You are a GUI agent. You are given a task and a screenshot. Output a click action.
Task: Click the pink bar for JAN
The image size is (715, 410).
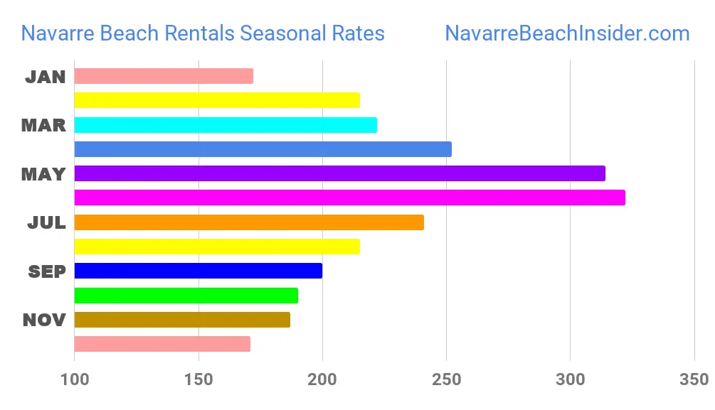click(163, 76)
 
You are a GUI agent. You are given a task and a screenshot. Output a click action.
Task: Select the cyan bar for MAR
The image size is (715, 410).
click(225, 125)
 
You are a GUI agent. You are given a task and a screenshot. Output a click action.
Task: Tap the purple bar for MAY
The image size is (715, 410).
click(339, 173)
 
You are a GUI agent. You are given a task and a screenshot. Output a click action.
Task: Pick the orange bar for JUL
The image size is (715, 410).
click(248, 222)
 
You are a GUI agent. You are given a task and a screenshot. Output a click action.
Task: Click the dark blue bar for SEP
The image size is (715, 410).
click(198, 271)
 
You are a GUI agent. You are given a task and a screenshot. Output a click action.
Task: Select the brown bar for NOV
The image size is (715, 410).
click(181, 320)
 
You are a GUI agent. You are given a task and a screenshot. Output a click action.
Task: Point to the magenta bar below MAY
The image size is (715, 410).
click(349, 198)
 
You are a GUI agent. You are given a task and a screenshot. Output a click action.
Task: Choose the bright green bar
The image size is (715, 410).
click(186, 296)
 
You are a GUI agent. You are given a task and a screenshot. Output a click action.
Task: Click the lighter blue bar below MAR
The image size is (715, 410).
click(263, 149)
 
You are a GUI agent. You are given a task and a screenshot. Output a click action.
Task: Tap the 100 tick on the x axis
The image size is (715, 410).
click(75, 379)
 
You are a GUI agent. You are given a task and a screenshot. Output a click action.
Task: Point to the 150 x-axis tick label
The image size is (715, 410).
click(198, 379)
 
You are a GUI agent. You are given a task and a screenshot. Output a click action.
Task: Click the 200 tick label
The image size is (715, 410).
click(322, 379)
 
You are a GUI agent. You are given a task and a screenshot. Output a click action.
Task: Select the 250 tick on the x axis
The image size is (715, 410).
click(446, 379)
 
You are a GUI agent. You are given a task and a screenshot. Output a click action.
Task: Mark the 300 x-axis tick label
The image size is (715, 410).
click(570, 379)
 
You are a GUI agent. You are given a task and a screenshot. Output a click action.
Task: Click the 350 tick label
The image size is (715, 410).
click(694, 379)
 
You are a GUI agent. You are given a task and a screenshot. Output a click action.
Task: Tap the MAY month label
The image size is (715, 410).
click(44, 174)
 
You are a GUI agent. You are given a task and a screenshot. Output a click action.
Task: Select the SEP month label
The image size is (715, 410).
click(47, 271)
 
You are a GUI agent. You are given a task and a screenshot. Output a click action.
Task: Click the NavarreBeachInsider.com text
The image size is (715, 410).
click(567, 33)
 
